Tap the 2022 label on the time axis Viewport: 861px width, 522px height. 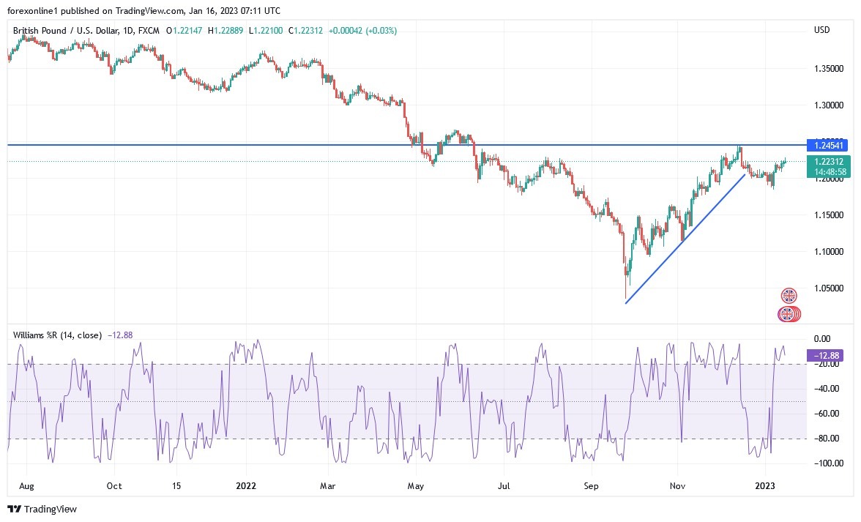245,485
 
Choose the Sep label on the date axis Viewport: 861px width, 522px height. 592,485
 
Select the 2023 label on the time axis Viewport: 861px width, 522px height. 765,485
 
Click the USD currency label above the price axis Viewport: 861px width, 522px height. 821,29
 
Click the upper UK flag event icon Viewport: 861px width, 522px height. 789,297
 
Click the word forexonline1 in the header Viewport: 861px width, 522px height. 32,11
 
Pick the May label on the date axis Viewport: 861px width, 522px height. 416,485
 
